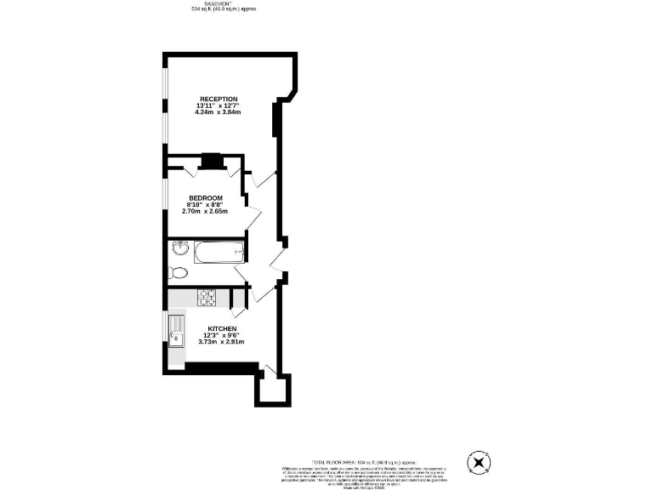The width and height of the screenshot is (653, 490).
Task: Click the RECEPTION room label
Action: click(x=219, y=99)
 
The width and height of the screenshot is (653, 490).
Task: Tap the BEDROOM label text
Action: click(x=206, y=198)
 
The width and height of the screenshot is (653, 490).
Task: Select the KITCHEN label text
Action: click(x=221, y=328)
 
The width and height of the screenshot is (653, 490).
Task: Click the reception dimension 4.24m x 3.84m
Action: click(x=219, y=112)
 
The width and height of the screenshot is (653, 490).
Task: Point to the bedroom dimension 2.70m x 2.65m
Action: click(x=206, y=212)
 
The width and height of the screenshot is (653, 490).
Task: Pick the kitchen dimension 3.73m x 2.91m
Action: click(x=221, y=342)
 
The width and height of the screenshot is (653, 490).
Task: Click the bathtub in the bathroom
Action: click(x=220, y=253)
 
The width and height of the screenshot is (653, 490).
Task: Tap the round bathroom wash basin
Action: click(x=180, y=248)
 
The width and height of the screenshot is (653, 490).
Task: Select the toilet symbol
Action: click(x=178, y=273)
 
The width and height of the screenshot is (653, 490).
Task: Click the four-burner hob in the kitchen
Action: click(x=208, y=298)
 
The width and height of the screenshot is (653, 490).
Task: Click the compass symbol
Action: click(x=480, y=463)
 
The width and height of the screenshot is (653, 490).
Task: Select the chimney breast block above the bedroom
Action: click(x=211, y=160)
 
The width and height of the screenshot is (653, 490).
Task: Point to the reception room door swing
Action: click(x=265, y=179)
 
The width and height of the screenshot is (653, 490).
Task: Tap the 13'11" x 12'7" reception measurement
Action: click(x=219, y=105)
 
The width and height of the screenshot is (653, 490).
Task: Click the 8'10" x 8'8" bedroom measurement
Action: click(x=206, y=205)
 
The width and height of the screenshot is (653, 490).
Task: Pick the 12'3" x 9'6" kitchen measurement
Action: click(x=221, y=335)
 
